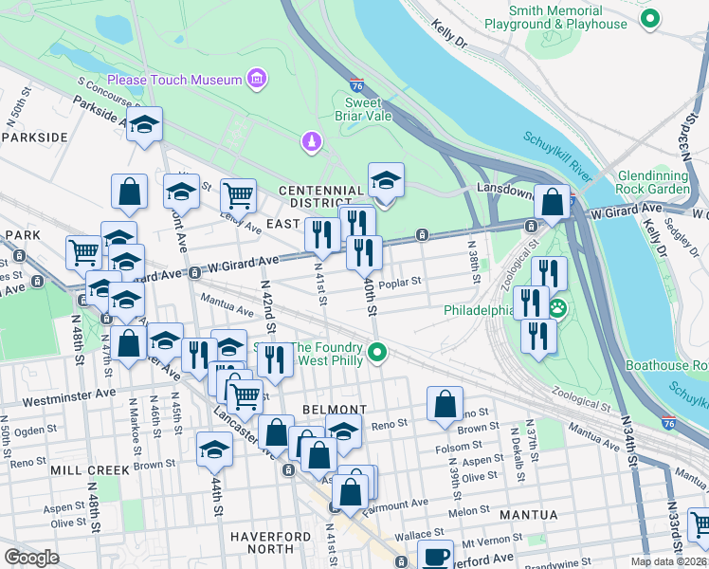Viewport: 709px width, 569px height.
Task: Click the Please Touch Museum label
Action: coord(174,80)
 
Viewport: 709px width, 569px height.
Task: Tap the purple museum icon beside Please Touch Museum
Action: coord(256,80)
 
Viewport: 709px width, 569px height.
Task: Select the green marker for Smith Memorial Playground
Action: coord(649,18)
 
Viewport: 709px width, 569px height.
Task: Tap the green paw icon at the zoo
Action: coord(558,307)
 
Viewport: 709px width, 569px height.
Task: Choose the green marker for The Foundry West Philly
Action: coord(378,354)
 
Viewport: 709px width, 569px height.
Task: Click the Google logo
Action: coord(31,558)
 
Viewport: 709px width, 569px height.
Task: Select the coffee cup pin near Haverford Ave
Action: coord(436,556)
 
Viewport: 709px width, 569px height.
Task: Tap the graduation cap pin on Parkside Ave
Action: coord(144,125)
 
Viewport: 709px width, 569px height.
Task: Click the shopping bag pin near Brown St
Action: coord(445,404)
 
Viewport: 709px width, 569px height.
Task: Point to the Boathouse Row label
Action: coord(666,365)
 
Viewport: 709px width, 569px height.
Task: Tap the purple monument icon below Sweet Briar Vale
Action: coord(310,142)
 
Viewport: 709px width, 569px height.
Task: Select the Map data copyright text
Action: coord(667,561)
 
